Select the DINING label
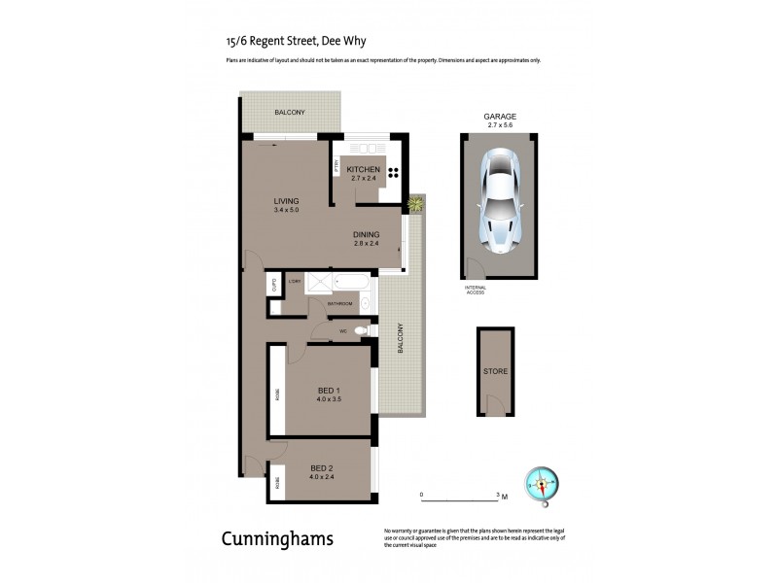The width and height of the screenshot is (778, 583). (366, 233)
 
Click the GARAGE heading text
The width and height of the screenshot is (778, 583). (500, 117)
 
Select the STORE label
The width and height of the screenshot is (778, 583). (496, 372)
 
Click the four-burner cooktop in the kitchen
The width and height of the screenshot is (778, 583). (397, 174)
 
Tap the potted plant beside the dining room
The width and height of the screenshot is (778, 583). (416, 203)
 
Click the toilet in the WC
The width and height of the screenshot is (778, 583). (361, 331)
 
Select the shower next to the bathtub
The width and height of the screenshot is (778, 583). (318, 285)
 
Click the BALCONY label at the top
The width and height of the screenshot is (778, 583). (289, 113)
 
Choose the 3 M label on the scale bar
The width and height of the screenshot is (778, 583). (501, 496)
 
